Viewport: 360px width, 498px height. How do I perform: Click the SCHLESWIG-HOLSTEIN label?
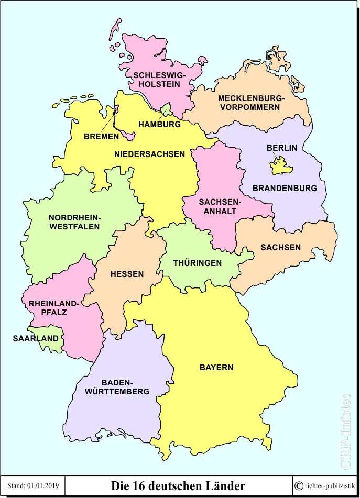[x=156, y=80]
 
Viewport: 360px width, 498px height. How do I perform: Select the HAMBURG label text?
[x=159, y=125]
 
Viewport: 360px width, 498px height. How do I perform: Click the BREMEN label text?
[x=101, y=137]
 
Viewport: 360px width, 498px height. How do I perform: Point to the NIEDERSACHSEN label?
[x=149, y=154]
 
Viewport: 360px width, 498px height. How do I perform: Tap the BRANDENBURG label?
[x=285, y=188]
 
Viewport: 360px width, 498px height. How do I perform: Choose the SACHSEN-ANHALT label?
[x=217, y=207]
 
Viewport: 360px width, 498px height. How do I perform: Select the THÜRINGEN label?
[x=198, y=263]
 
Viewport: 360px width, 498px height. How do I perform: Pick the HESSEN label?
[x=127, y=274]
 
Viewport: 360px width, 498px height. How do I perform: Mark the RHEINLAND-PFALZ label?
[x=54, y=308]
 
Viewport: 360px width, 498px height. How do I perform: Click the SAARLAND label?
[x=36, y=338]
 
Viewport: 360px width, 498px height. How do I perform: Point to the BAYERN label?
[x=216, y=367]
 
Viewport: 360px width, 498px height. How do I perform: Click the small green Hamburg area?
[x=167, y=110]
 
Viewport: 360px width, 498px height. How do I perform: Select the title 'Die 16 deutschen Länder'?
[x=178, y=486]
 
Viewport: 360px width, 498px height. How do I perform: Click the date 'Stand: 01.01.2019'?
[x=33, y=486]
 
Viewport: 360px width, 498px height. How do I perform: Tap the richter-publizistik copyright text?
[x=325, y=486]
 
